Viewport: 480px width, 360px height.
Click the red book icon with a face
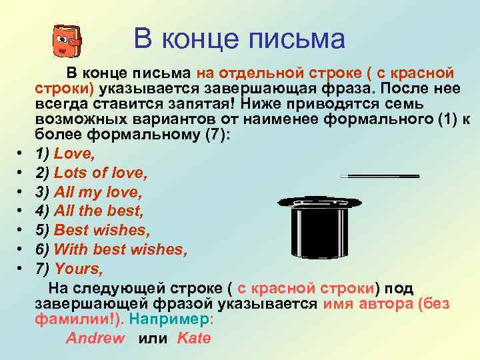66,41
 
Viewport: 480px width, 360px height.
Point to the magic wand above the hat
379,176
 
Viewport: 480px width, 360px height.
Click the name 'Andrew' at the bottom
95,338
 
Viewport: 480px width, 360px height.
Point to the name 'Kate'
194,338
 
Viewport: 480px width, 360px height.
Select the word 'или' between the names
151,338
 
